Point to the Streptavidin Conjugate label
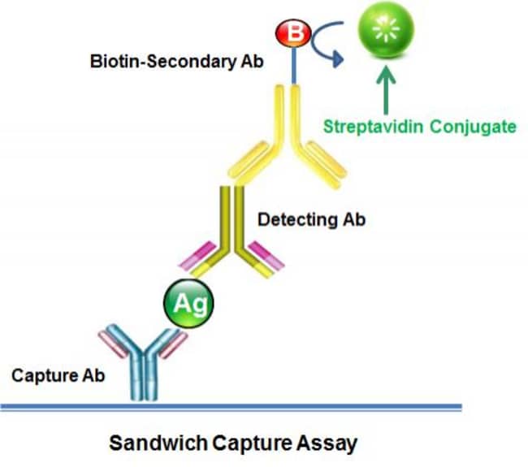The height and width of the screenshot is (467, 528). click(419, 127)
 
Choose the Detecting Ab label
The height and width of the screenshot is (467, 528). click(310, 219)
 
